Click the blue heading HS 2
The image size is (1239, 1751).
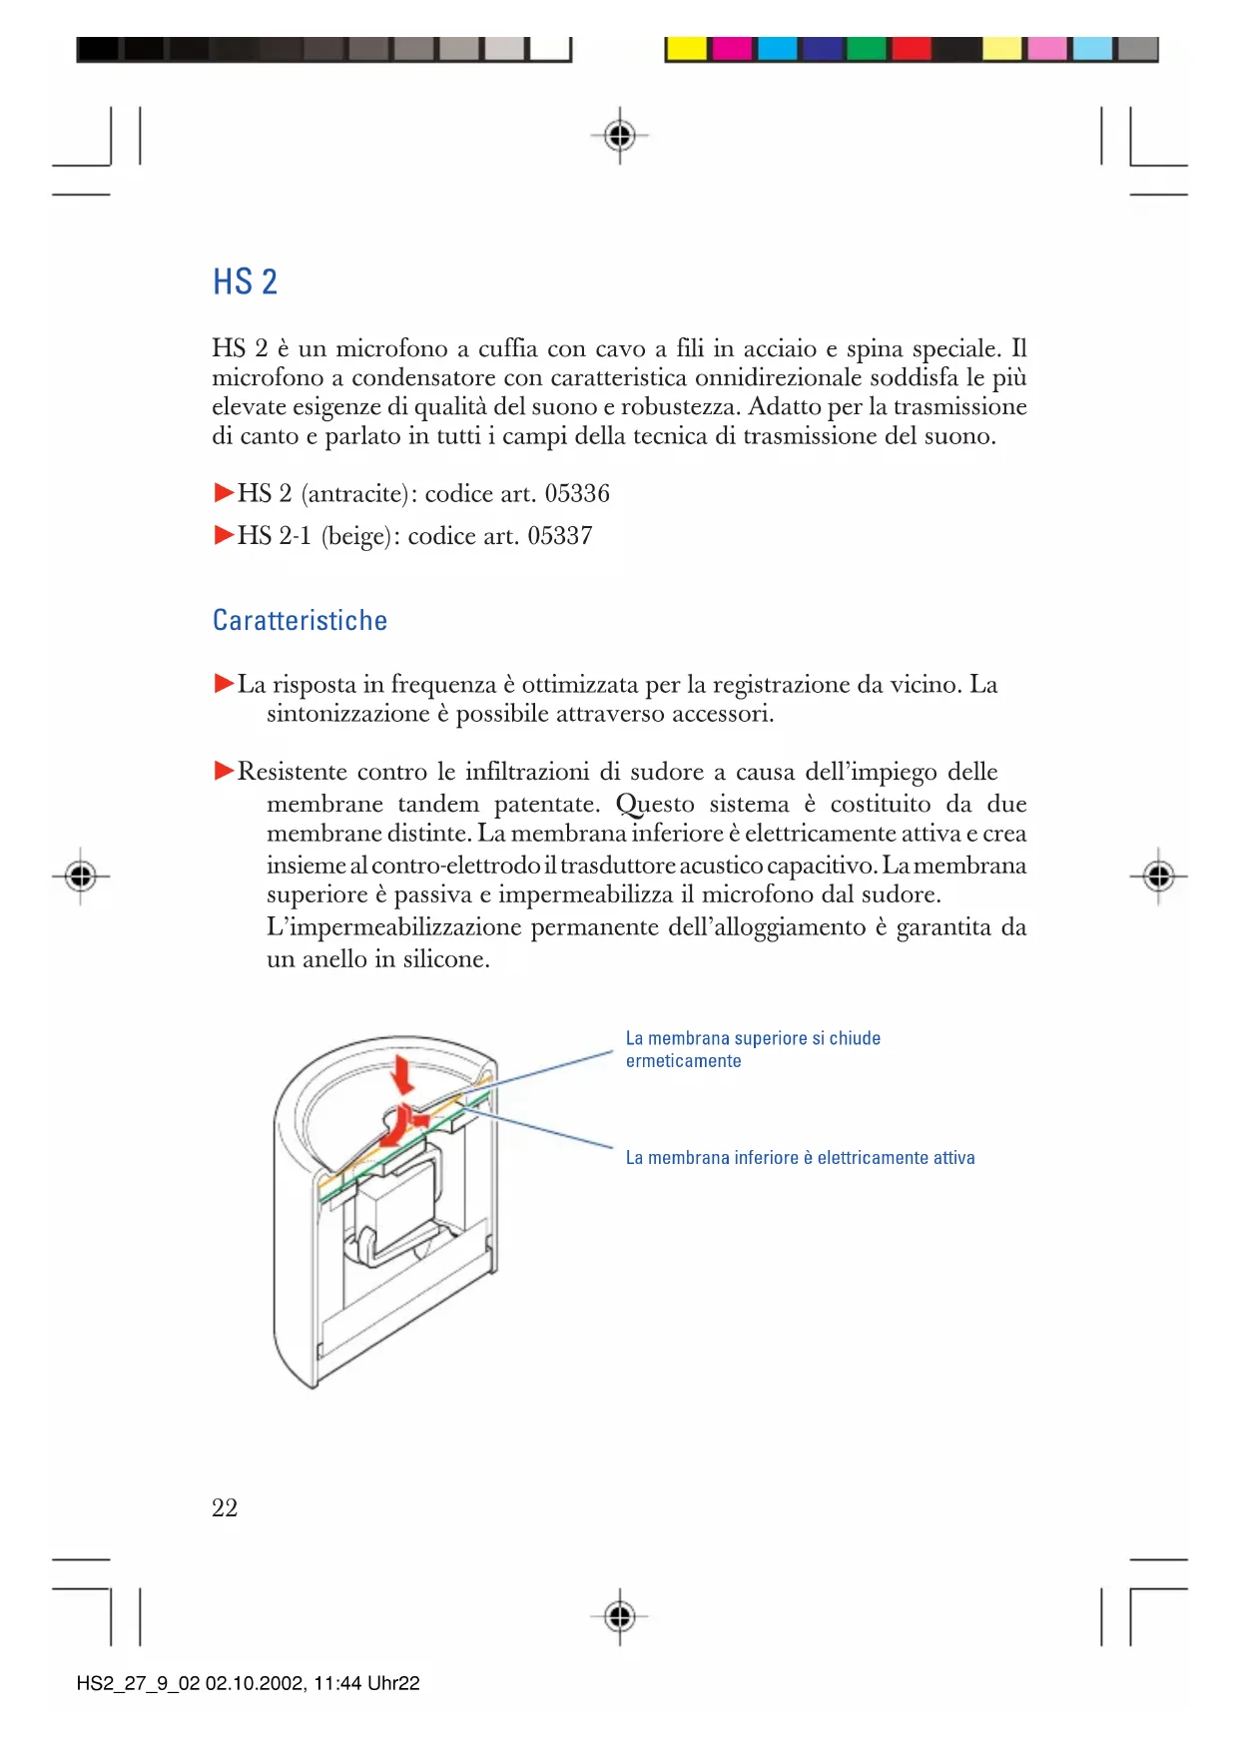click(x=245, y=283)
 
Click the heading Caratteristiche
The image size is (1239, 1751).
click(x=300, y=621)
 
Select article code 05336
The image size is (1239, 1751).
click(x=576, y=493)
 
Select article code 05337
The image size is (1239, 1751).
click(x=559, y=536)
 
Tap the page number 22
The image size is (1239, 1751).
click(x=225, y=1507)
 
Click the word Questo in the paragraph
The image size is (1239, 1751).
click(x=654, y=805)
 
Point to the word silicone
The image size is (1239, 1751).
click(x=445, y=959)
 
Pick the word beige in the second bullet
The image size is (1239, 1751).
click(x=355, y=536)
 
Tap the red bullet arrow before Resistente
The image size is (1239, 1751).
click(x=224, y=771)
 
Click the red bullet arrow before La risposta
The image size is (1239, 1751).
click(x=224, y=684)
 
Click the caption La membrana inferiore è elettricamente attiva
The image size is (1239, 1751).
click(x=800, y=1158)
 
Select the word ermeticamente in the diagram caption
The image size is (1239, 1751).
click(x=683, y=1061)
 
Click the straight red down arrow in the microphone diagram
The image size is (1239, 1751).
click(x=403, y=1074)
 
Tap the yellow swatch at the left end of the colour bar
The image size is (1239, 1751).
click(x=687, y=49)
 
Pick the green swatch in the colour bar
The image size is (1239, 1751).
click(x=867, y=49)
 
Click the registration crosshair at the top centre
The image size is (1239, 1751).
click(x=620, y=135)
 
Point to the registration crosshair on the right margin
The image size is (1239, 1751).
click(x=1158, y=876)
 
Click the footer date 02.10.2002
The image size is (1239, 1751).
click(x=255, y=1683)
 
